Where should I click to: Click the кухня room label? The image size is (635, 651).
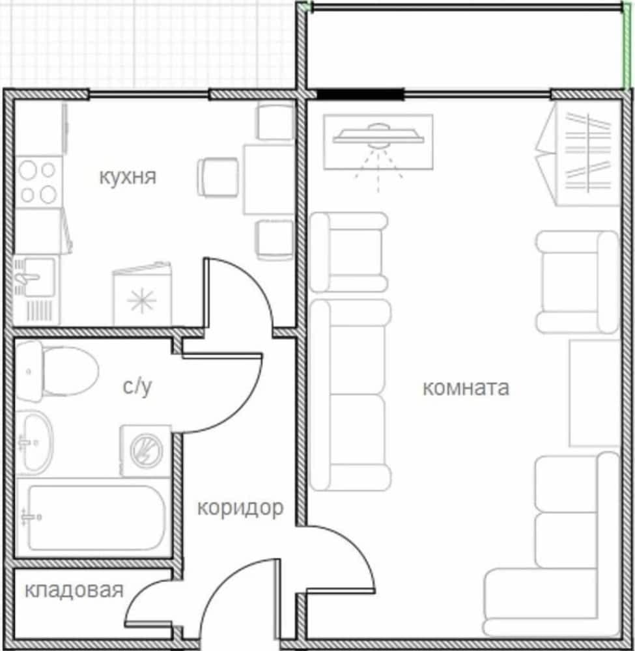128,177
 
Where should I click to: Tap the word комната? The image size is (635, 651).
466,388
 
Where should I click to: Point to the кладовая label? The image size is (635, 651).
74,590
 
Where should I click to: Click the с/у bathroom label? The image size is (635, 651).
137,387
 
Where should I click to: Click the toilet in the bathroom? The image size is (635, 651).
57,371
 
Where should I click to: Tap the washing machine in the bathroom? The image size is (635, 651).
145,451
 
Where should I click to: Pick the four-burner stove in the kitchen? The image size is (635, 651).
38,182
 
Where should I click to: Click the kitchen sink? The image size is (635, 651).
36,290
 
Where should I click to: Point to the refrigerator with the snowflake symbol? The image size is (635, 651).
142,295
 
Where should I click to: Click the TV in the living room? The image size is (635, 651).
378,142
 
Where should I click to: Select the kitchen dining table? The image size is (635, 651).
269,179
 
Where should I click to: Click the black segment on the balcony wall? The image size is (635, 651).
360,94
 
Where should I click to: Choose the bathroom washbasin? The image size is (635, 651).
35,443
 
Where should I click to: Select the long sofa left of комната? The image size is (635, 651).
350,395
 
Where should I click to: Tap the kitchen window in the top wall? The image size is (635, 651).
148,94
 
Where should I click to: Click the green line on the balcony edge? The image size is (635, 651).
627,46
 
